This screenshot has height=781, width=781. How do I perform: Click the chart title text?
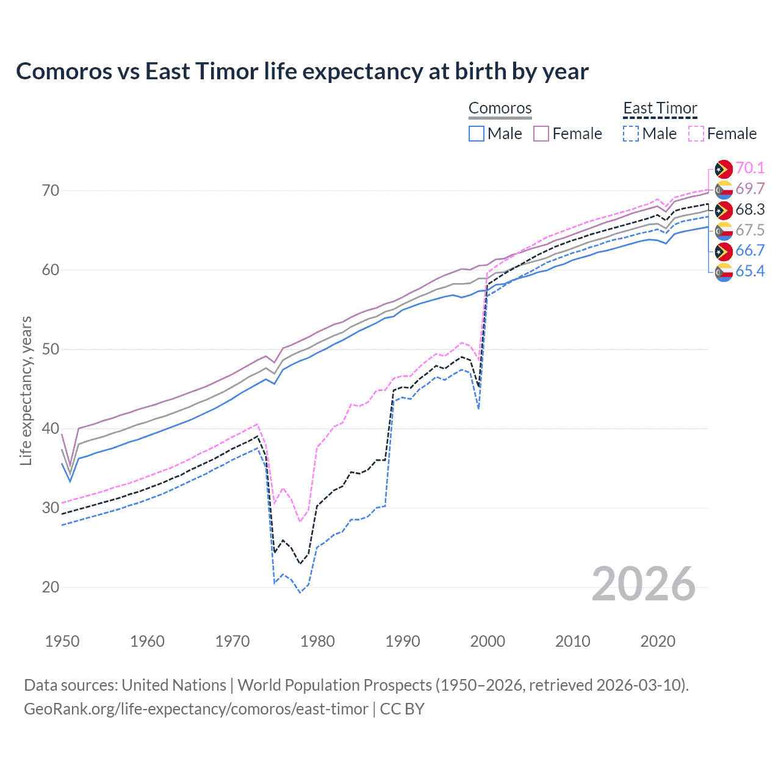302,71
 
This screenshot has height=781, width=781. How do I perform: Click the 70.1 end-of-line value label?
750,168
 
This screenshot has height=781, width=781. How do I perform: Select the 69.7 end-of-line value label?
750,189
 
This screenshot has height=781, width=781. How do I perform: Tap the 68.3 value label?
750,210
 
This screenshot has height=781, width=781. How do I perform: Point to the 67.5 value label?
750,231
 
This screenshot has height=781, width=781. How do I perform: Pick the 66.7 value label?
750,251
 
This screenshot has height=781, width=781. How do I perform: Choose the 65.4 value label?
750,272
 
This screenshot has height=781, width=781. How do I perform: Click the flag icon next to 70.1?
724,169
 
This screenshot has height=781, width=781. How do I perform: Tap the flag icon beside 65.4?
724,272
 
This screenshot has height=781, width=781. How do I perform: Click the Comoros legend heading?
500,109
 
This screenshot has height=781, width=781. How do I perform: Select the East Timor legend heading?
660,109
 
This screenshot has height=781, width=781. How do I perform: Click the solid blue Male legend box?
477,134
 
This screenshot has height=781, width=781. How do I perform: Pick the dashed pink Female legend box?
696,134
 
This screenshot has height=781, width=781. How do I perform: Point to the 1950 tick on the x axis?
62,641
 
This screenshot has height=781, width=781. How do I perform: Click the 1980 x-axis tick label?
317,641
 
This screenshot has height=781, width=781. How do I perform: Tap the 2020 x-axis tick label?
657,641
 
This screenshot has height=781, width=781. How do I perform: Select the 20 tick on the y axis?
51,588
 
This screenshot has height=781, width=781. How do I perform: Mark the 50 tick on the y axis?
51,350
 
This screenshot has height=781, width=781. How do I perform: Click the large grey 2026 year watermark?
643,584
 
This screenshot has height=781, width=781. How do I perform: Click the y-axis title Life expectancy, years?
26,390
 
